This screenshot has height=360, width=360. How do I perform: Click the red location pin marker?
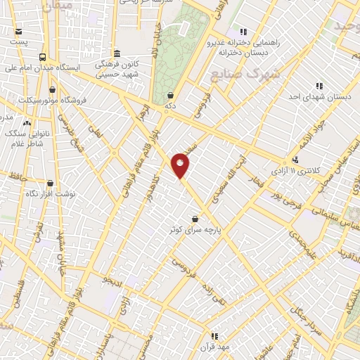[181, 165]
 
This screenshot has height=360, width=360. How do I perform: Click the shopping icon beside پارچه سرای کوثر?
[195, 219]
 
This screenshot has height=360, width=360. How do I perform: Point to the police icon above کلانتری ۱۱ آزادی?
[296, 160]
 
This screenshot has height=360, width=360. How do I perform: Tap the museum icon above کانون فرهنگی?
[117, 54]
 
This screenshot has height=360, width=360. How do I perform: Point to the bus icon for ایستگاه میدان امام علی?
[42, 57]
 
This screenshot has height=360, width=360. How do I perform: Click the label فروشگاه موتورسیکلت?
[46, 100]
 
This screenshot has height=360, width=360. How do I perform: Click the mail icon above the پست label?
[18, 31]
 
